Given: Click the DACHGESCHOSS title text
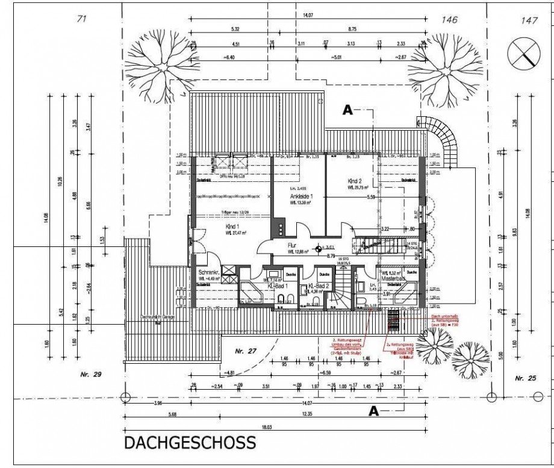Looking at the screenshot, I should [x=190, y=443].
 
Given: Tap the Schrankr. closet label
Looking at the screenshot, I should [x=205, y=272].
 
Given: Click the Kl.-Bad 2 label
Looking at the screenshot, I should [x=317, y=287].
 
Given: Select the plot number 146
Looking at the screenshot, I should [x=450, y=20].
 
